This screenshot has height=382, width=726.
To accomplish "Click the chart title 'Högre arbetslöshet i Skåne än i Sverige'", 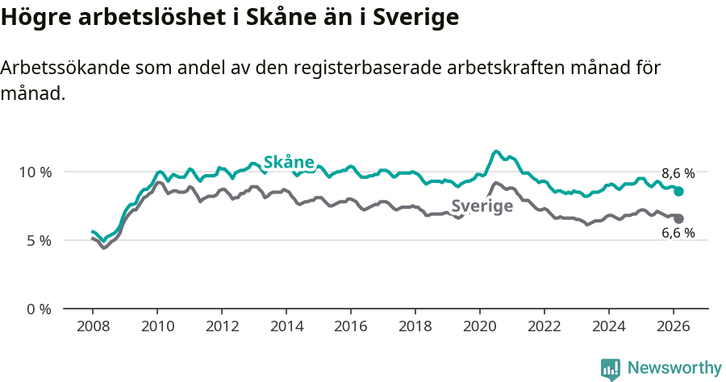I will point(230,17).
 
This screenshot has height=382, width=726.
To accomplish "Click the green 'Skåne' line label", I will point(289,162).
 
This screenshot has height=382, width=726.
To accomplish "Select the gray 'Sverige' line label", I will point(482,206).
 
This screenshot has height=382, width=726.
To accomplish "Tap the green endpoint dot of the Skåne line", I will point(679,192).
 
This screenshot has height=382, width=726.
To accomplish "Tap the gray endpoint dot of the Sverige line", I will point(679,219).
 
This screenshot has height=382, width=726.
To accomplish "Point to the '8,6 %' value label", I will point(678,173).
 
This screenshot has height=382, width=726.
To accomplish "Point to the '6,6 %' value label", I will point(678,234).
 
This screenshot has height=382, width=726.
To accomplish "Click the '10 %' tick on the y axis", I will point(35,172).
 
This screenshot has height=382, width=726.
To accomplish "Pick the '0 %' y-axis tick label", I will point(38,309).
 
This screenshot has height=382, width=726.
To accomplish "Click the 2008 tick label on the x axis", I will point(93,326).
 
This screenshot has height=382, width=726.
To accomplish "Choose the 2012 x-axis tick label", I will point(222,326).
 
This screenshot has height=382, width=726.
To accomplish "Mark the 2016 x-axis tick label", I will point(351,326).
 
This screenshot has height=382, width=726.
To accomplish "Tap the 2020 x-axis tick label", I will point(480,326).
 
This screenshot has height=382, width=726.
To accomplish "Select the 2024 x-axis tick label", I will point(609,326).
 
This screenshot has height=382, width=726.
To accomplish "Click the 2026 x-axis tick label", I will point(674,326).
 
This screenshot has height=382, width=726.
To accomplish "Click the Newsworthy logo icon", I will point(611,369).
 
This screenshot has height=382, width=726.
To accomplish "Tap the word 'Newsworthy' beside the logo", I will point(674,368).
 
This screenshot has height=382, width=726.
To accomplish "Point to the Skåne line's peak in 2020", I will point(496,152).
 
